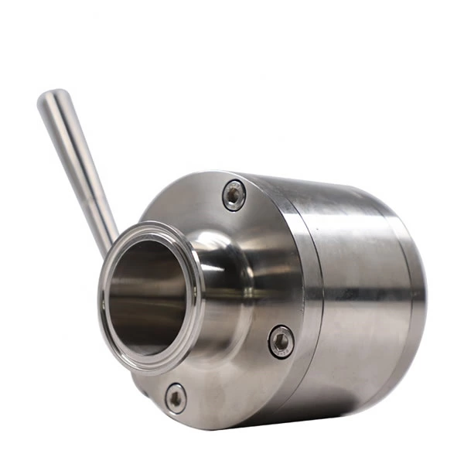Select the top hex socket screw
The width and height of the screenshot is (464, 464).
(234, 194)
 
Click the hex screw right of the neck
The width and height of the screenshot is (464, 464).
(281, 341)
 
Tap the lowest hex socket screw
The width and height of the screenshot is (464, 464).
(176, 398)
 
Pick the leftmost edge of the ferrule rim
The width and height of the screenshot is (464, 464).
(100, 298)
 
